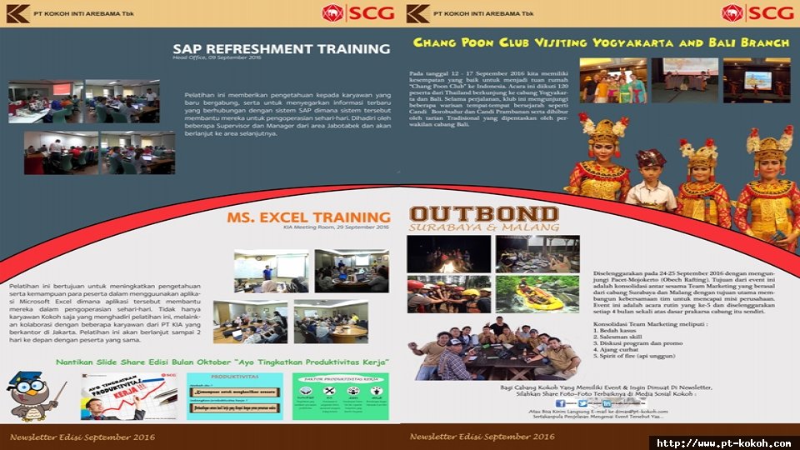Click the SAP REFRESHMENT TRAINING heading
tap(281, 48)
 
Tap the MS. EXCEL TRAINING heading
tap(308, 217)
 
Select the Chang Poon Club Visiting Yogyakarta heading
tap(601, 42)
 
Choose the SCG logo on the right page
tap(758, 12)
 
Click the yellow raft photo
tap(537, 293)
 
